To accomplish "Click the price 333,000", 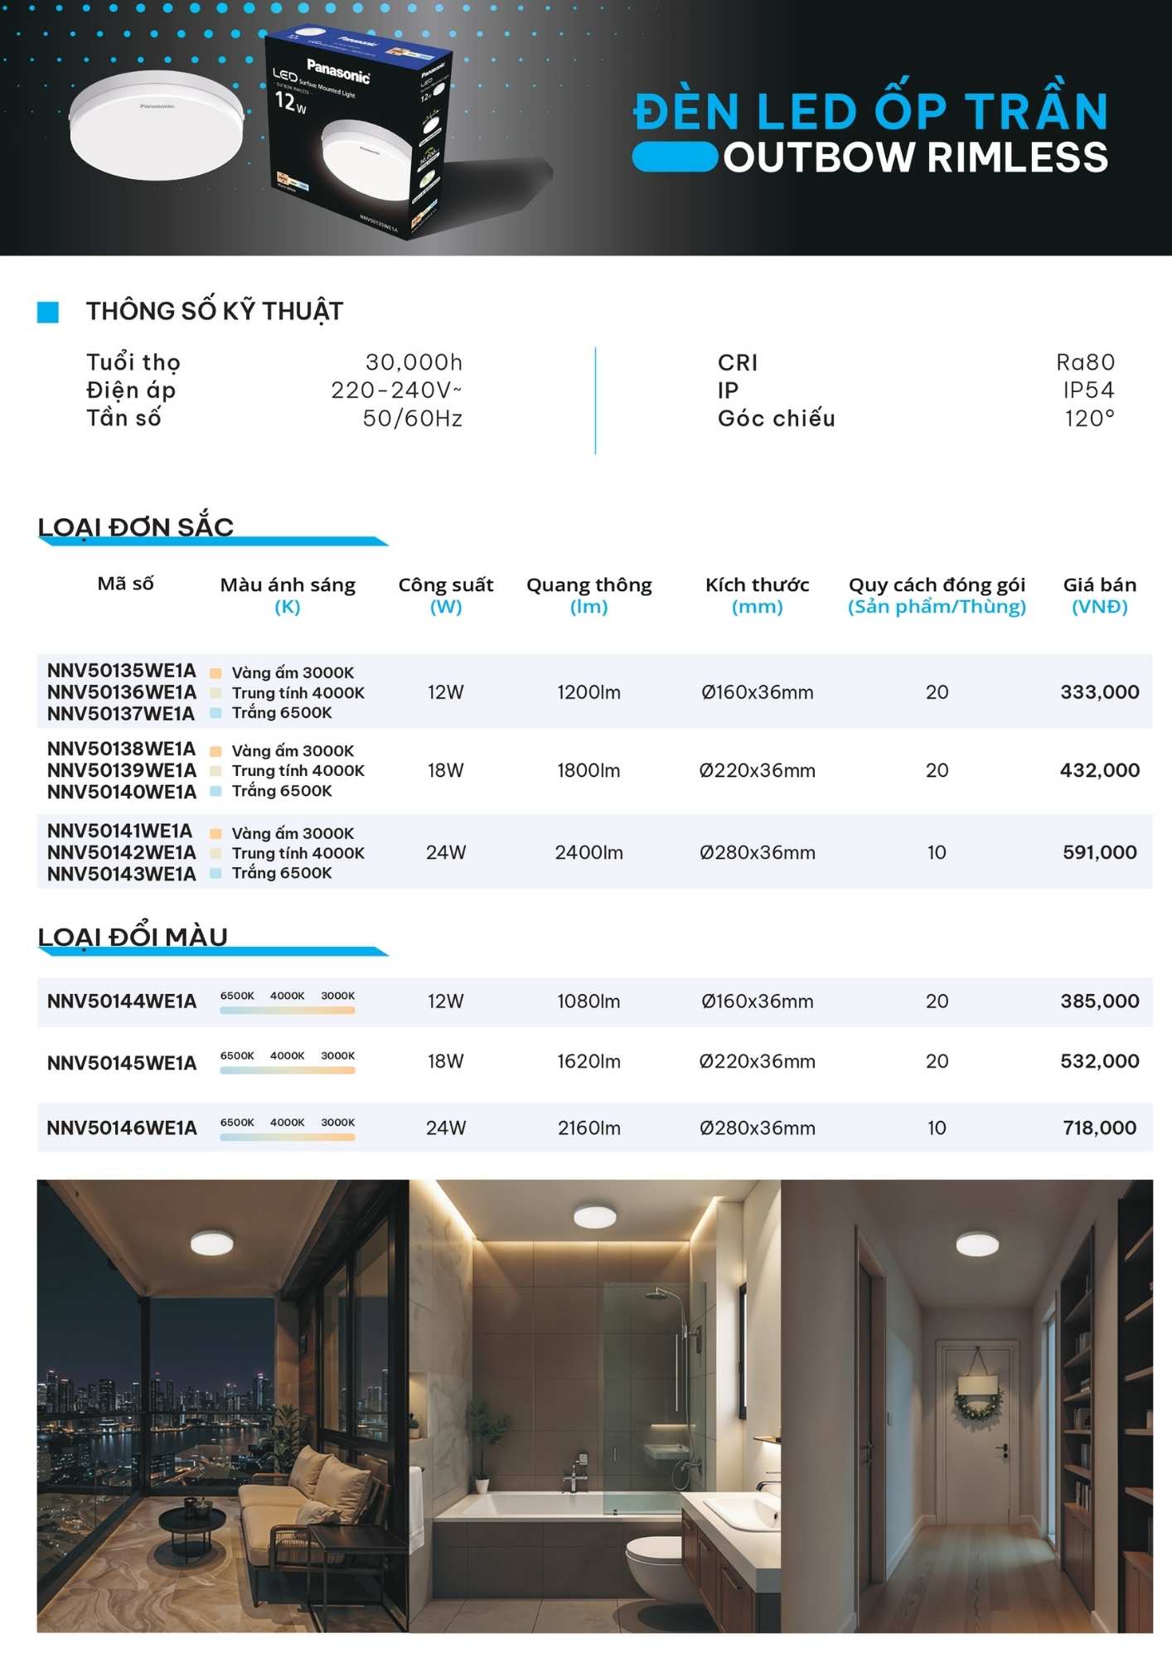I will click(x=1099, y=692).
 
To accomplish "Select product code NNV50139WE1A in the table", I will click(x=122, y=770).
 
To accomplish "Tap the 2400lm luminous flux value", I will click(x=588, y=852).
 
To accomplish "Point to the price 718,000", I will click(x=1099, y=1127).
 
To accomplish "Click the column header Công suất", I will click(x=445, y=585).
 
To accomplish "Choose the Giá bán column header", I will click(x=1099, y=585).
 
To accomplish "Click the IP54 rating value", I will click(x=1088, y=390).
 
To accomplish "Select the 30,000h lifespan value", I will click(x=414, y=362).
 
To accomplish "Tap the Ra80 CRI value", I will click(x=1085, y=362).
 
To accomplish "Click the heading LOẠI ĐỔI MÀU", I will click(x=133, y=937).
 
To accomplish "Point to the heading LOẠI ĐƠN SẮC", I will click(x=136, y=527).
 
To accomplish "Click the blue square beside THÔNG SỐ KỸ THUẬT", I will click(x=48, y=312).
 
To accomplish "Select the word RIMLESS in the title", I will click(x=1018, y=158).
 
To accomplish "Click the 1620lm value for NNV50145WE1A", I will click(x=588, y=1061).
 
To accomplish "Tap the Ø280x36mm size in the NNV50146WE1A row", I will click(x=757, y=1127).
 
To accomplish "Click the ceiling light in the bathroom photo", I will click(x=595, y=1217).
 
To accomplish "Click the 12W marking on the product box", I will click(x=290, y=103).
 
